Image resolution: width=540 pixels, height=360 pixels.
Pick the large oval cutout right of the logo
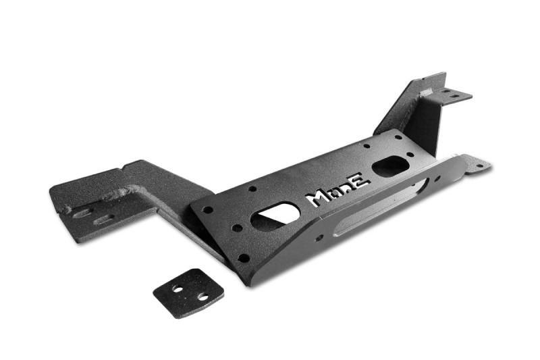pos(390,166)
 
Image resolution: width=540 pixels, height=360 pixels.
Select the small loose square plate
pos(188,293)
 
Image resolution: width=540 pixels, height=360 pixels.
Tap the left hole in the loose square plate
pos(178,288)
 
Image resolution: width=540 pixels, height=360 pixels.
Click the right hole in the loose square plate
pos(203,297)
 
